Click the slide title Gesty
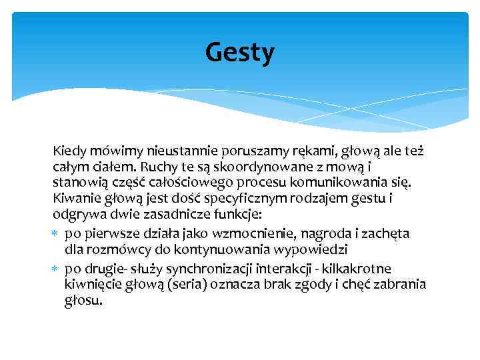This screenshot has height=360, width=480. pyautogui.click(x=239, y=53)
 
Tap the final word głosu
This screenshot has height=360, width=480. pyautogui.click(x=84, y=300)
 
